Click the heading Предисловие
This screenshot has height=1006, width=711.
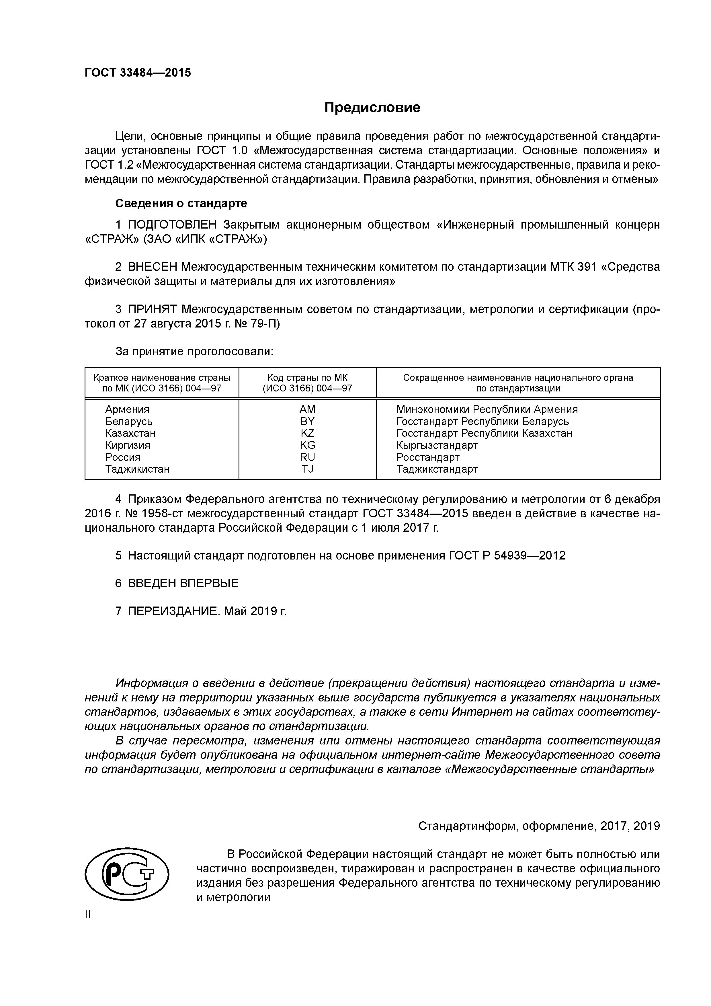coord(372,107)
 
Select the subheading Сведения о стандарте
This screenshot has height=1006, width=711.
coord(181,203)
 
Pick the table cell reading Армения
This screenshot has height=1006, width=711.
coord(127,409)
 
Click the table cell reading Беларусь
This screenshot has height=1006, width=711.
coord(129,421)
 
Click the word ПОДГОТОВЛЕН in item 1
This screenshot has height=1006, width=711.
coord(172,225)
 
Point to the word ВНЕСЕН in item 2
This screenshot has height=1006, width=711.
coord(153,267)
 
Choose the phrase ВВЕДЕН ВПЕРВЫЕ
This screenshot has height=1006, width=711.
coord(183,583)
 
